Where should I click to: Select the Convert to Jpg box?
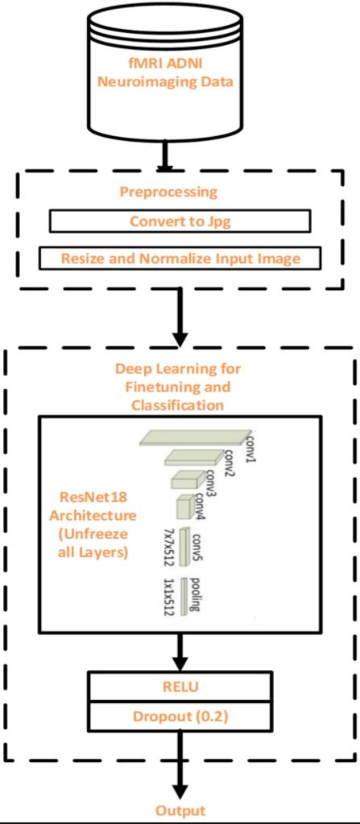click(x=180, y=222)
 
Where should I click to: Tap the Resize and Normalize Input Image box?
click(x=180, y=259)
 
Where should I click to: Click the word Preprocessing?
click(x=168, y=192)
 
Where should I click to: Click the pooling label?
click(x=195, y=596)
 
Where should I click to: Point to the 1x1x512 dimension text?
click(x=168, y=597)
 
